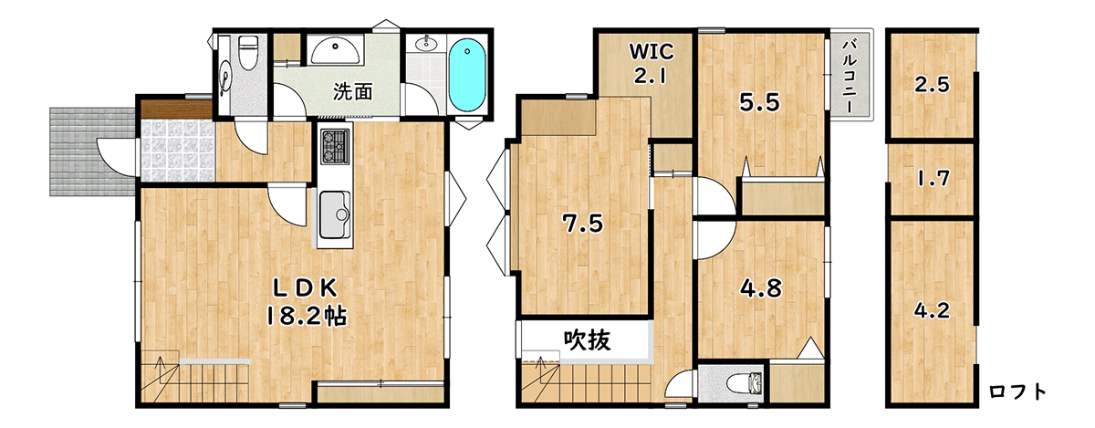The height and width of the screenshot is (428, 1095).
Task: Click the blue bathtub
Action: click(467, 75)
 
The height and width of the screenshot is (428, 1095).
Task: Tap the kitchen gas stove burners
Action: click(335, 146)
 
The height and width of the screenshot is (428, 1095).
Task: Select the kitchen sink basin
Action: click(334, 214)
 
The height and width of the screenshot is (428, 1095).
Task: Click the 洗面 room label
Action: click(353, 91)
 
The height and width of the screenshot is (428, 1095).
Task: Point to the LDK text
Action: click(305, 288)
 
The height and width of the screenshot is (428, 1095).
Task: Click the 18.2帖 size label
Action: click(307, 316)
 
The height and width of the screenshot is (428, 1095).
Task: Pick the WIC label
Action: click(652, 51)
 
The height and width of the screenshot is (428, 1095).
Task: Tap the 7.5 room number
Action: click(583, 224)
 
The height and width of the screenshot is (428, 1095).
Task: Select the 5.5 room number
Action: click(759, 103)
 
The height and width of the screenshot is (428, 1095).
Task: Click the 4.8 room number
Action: click(761, 288)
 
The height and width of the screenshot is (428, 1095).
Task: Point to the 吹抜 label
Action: click(587, 340)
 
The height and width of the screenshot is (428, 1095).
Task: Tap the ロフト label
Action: click(1017, 391)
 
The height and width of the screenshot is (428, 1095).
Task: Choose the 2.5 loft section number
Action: click(932, 85)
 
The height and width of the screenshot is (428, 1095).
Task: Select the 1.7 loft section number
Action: click(933, 179)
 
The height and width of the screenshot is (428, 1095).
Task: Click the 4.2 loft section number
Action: click(932, 310)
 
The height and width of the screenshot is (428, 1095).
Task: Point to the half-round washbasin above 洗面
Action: click(336, 51)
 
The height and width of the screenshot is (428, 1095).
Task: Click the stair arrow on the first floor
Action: click(161, 371)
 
